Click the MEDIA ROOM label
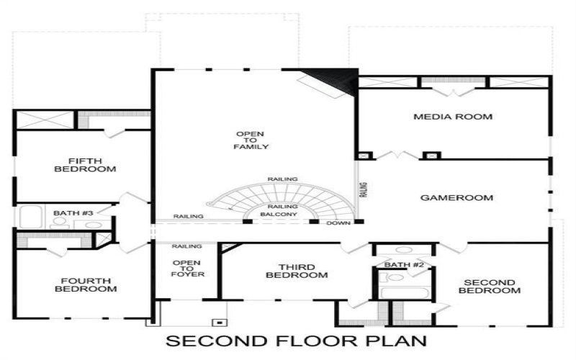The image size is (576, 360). coord(452,116)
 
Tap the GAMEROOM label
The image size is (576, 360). coord(456,197)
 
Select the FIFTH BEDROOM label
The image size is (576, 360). coord(85,165)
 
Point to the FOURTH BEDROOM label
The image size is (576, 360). coord(85,284)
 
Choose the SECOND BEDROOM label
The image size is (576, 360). coord(492,286)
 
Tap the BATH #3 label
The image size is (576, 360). coord(73,212)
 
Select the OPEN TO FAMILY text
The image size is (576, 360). coord(251,140)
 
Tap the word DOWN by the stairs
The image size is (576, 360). coord(338,223)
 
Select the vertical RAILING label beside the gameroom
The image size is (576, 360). coord(364,189)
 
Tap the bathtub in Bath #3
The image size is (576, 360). coord(31,217)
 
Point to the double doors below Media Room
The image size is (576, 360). coord(397,154)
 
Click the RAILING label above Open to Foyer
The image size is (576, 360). coord(186,246)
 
